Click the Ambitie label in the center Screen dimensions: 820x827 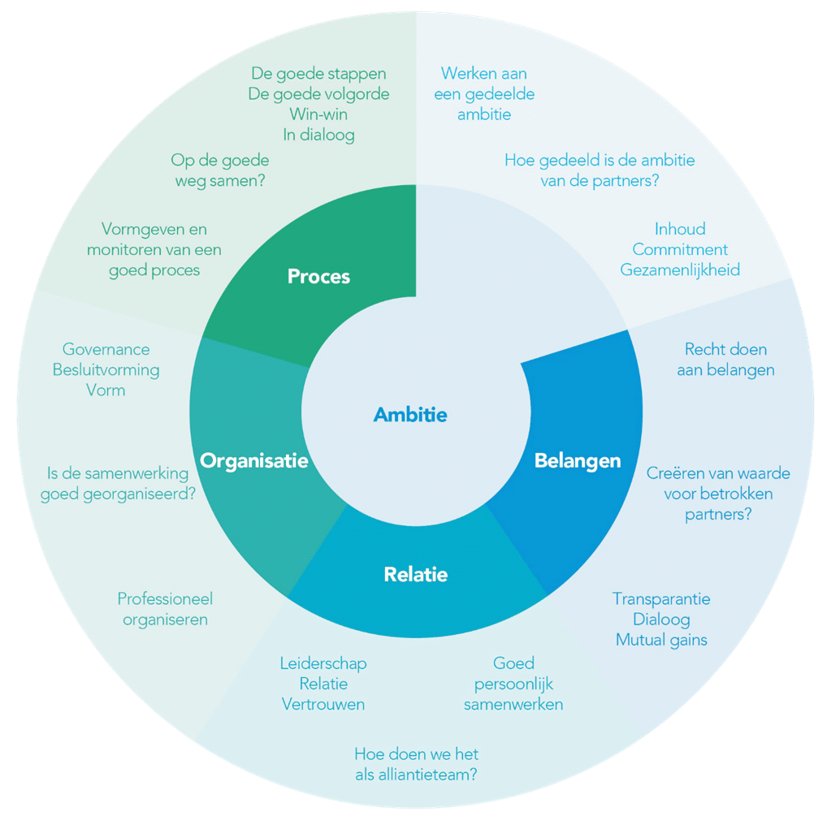click(x=410, y=415)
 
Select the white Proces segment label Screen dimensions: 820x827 click(x=318, y=277)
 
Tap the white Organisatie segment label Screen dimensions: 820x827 click(x=254, y=461)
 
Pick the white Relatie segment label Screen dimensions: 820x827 click(x=415, y=575)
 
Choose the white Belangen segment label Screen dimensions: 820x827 click(x=577, y=461)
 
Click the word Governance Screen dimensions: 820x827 click(x=106, y=349)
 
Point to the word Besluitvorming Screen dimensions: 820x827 click(x=106, y=369)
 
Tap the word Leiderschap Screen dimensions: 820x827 click(x=323, y=663)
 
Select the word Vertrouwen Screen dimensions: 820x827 click(x=323, y=704)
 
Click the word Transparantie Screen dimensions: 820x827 click(x=661, y=599)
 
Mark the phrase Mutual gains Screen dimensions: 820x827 click(x=661, y=640)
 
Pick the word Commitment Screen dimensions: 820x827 click(x=680, y=249)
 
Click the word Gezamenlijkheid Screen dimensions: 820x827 click(x=680, y=270)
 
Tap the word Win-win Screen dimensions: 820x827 click(x=318, y=114)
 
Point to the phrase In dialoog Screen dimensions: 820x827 click(x=318, y=135)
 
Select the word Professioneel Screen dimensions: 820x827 click(x=165, y=599)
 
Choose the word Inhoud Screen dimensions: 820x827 click(x=680, y=229)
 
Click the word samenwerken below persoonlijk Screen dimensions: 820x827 click(x=513, y=704)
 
